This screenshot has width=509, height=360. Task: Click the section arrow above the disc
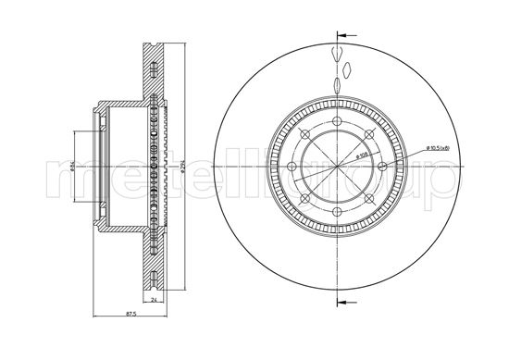(x=341, y=36)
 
